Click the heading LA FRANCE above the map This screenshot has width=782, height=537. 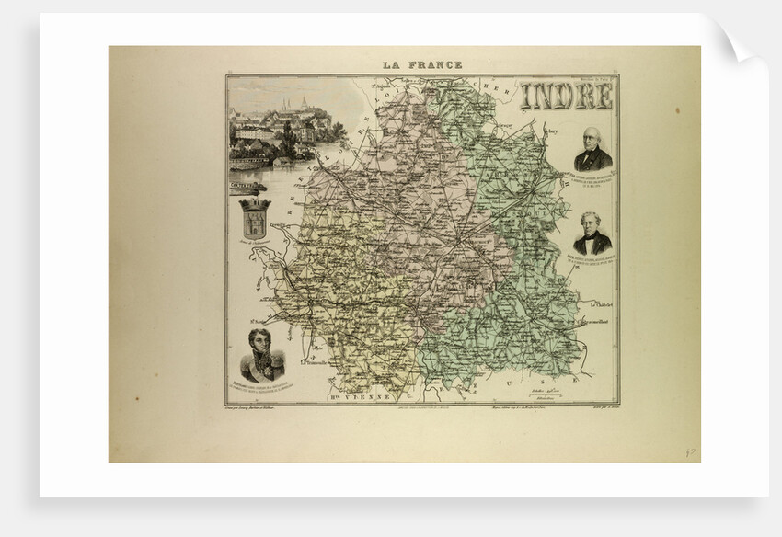422,65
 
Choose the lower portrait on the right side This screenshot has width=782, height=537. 592,234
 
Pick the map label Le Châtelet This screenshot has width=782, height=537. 598,304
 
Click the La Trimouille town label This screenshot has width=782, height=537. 299,360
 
